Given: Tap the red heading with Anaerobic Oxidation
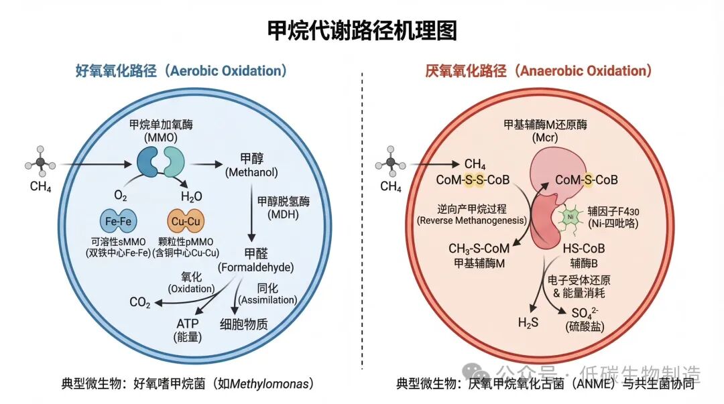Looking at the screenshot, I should (538, 70).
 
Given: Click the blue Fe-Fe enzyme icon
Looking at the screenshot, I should (118, 220).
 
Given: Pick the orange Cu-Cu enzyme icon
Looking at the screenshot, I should (186, 220).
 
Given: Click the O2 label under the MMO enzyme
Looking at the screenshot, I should (121, 196).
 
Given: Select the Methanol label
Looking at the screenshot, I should (251, 166).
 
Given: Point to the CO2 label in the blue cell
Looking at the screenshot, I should (140, 303).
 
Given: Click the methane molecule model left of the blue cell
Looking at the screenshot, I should (41, 163).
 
